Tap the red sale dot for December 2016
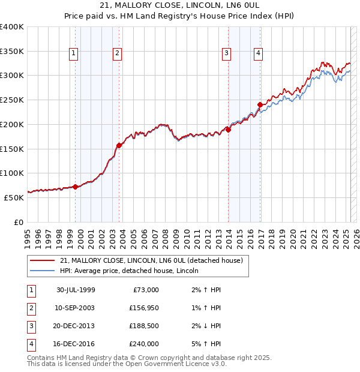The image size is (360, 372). [260, 104]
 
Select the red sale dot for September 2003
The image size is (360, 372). [119, 145]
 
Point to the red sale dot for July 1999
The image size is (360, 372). [76, 186]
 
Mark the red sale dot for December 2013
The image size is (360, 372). [229, 130]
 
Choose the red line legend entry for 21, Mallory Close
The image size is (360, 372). [151, 260]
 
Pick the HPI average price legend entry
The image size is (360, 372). [133, 271]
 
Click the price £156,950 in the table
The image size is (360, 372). [143, 308]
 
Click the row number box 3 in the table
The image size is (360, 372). [30, 326]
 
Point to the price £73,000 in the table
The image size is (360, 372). [146, 290]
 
